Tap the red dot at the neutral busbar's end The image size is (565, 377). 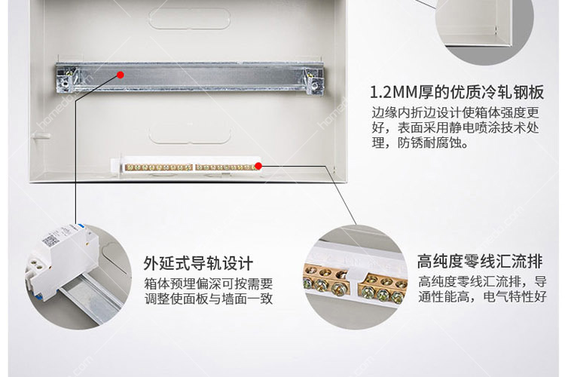pyautogui.click(x=258, y=165)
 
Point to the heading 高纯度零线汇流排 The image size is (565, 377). pyautogui.click(x=479, y=262)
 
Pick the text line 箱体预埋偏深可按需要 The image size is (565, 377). pyautogui.click(x=208, y=284)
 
